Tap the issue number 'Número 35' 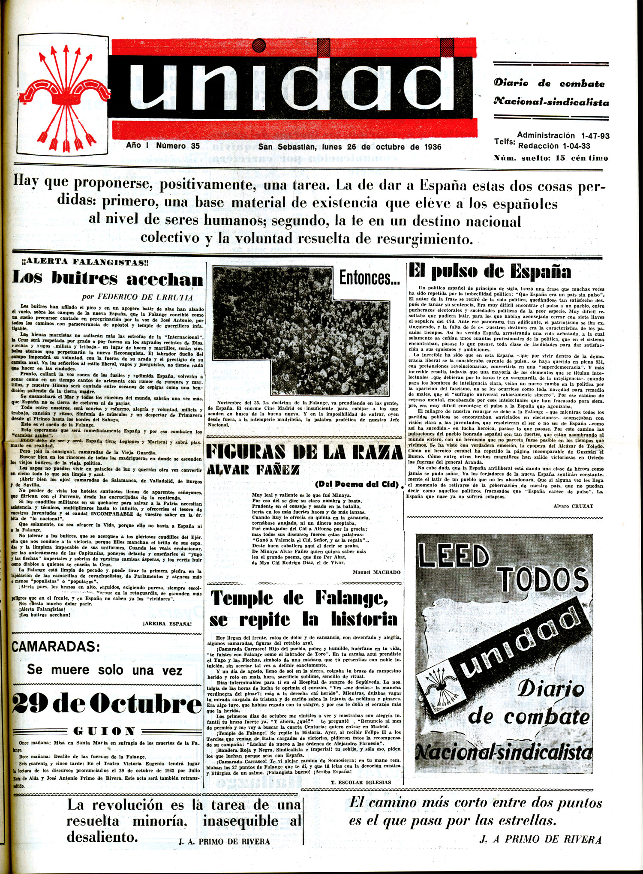click(178, 146)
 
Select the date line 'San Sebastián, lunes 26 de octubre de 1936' click(349, 147)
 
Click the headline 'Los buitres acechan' click(108, 279)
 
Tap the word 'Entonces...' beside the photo click(370, 278)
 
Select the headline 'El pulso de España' click(490, 272)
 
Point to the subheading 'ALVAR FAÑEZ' click(253, 470)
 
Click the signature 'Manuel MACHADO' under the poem click(376, 572)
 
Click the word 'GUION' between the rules click(105, 730)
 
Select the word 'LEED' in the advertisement click(454, 556)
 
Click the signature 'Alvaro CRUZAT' click(573, 506)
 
